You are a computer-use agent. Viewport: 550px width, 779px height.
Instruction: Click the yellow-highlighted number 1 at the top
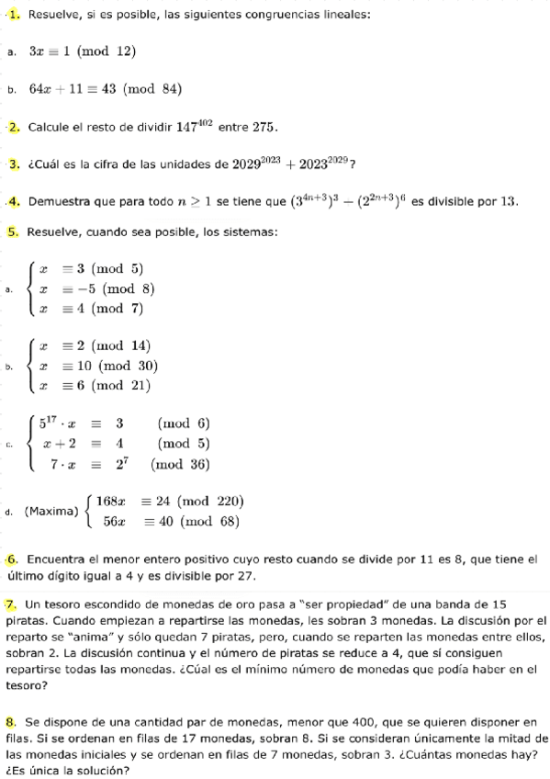tap(16, 15)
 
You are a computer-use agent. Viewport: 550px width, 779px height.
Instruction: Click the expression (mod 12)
tap(107, 51)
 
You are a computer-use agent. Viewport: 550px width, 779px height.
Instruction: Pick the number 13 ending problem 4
tap(508, 201)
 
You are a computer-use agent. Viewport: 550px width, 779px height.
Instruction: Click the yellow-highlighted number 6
tap(13, 559)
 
